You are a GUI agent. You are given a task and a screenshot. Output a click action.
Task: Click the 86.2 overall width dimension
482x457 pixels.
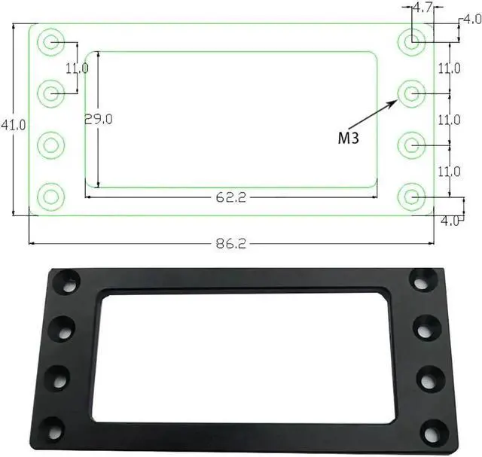tap(231, 244)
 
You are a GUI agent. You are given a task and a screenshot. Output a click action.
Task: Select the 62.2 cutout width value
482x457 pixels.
tap(231, 197)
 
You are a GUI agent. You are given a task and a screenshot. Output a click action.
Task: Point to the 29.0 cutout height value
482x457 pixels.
tap(99, 119)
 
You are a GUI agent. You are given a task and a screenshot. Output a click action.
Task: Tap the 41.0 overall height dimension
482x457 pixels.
tap(14, 125)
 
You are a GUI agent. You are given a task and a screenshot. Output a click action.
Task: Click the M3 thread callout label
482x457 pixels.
tap(348, 138)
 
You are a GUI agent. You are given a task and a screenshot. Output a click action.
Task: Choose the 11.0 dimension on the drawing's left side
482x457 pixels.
tap(77, 69)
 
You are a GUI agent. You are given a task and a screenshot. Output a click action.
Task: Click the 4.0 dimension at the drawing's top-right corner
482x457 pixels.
tap(472, 20)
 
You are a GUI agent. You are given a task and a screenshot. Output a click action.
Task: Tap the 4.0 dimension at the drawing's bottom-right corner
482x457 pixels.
tap(450, 221)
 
